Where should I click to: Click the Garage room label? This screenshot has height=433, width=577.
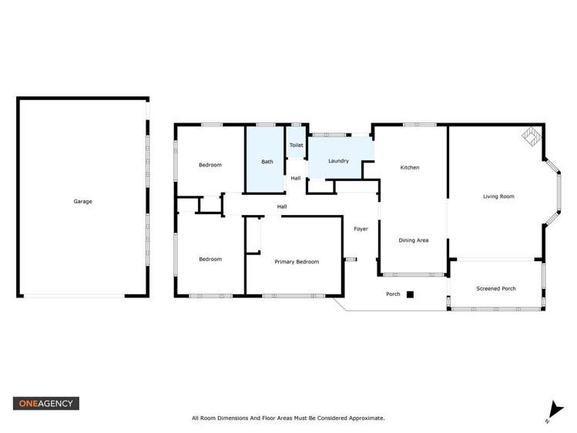tap(82, 202)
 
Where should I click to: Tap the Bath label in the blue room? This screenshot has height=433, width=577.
tap(267, 162)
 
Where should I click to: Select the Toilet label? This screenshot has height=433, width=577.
tap(296, 145)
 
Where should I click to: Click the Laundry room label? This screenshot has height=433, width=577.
tap(338, 161)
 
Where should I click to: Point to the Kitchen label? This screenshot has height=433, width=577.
tap(409, 167)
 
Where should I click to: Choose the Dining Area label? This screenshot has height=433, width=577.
tap(413, 240)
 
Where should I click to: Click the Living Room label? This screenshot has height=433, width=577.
tap(498, 196)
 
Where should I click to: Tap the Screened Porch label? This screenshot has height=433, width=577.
tap(496, 289)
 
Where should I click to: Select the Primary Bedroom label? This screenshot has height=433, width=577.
tap(297, 262)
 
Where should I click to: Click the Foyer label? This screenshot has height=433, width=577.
tap(361, 229)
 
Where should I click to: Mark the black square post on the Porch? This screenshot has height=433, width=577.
tap(411, 294)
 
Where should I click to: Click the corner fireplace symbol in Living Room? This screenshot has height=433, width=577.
tap(531, 136)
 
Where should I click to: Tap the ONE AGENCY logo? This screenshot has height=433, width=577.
tap(45, 403)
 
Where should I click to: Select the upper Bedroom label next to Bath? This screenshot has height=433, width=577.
tap(210, 165)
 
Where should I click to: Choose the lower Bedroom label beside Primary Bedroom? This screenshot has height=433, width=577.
tap(210, 260)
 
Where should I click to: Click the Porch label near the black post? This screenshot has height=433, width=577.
tap(393, 294)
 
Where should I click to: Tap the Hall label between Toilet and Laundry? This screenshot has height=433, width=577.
tap(296, 179)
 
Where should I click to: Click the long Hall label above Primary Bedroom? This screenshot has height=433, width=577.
tap(282, 206)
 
